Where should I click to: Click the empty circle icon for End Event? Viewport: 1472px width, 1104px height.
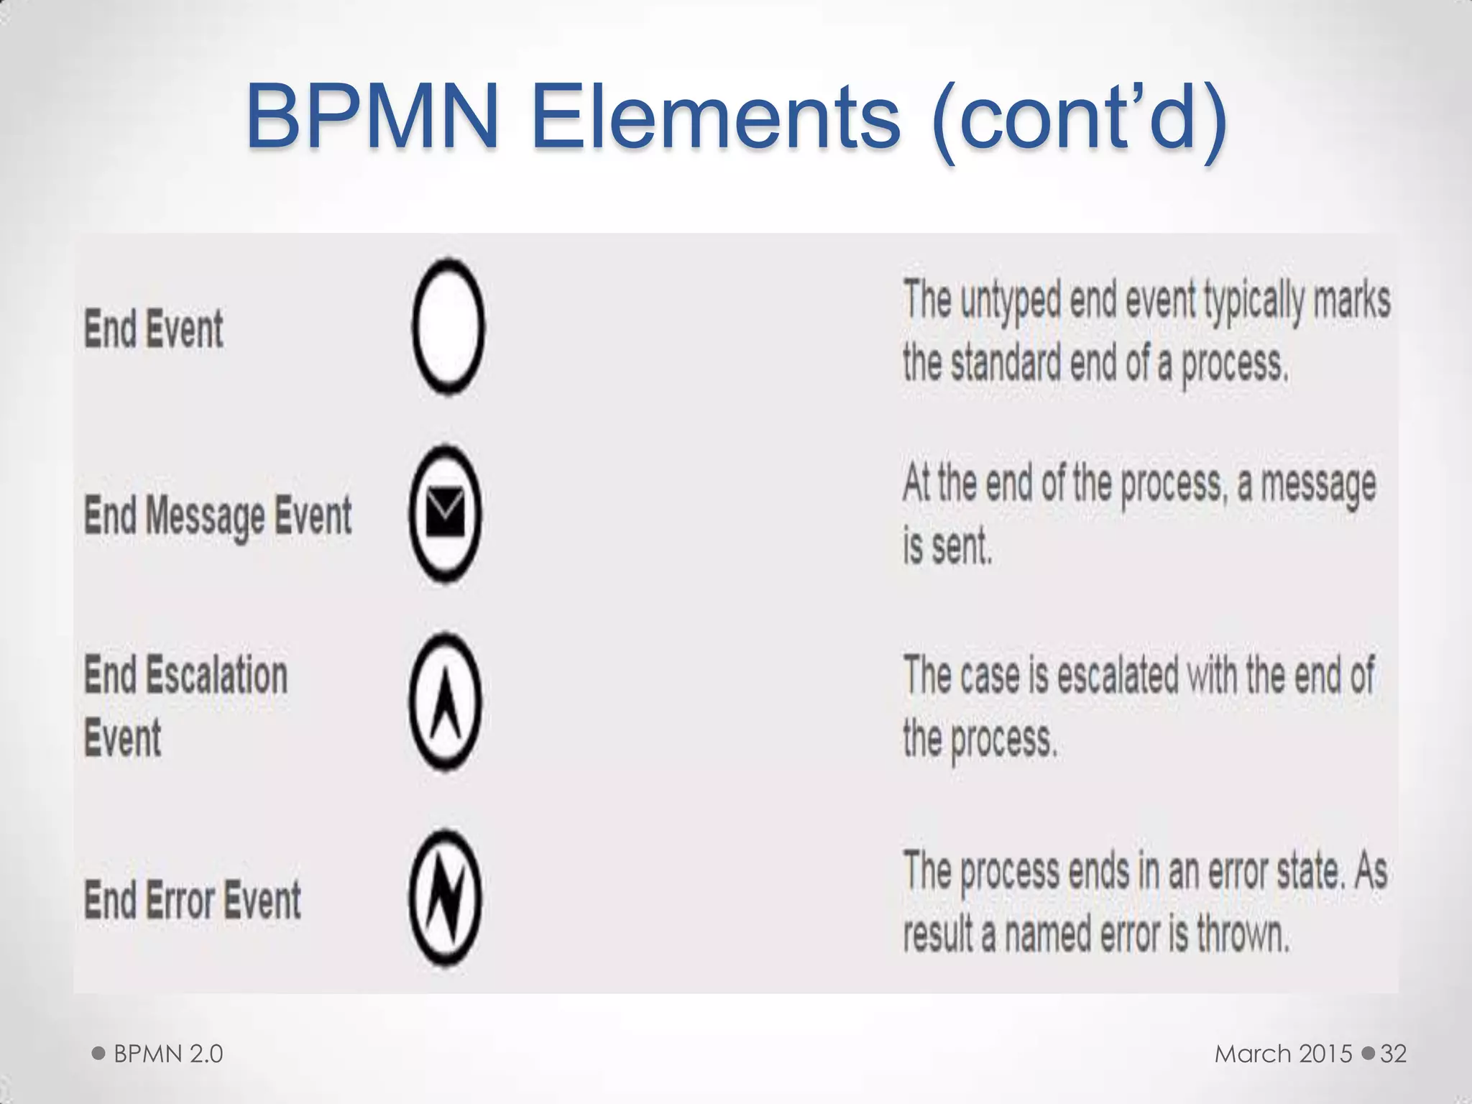coord(448,327)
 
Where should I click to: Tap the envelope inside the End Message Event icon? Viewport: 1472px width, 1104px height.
coord(445,512)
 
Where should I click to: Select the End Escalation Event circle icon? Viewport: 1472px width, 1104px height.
coord(445,701)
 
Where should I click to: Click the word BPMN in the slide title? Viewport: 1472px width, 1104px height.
coord(372,117)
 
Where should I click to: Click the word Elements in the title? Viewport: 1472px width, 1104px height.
coord(715,117)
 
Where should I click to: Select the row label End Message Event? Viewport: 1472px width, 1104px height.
coord(218,516)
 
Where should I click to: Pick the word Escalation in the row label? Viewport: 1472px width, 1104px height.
coord(216,676)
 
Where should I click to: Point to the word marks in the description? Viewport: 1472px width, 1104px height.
coord(1351,300)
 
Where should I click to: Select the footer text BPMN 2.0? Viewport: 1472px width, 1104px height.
coord(168,1054)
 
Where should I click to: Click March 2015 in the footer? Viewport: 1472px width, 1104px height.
coord(1283,1054)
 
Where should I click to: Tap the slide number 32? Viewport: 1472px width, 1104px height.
coord(1393,1054)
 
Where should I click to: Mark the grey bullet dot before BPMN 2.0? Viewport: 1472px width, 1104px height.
coord(99,1054)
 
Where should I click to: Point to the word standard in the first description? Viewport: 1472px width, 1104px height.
coord(1006,363)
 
